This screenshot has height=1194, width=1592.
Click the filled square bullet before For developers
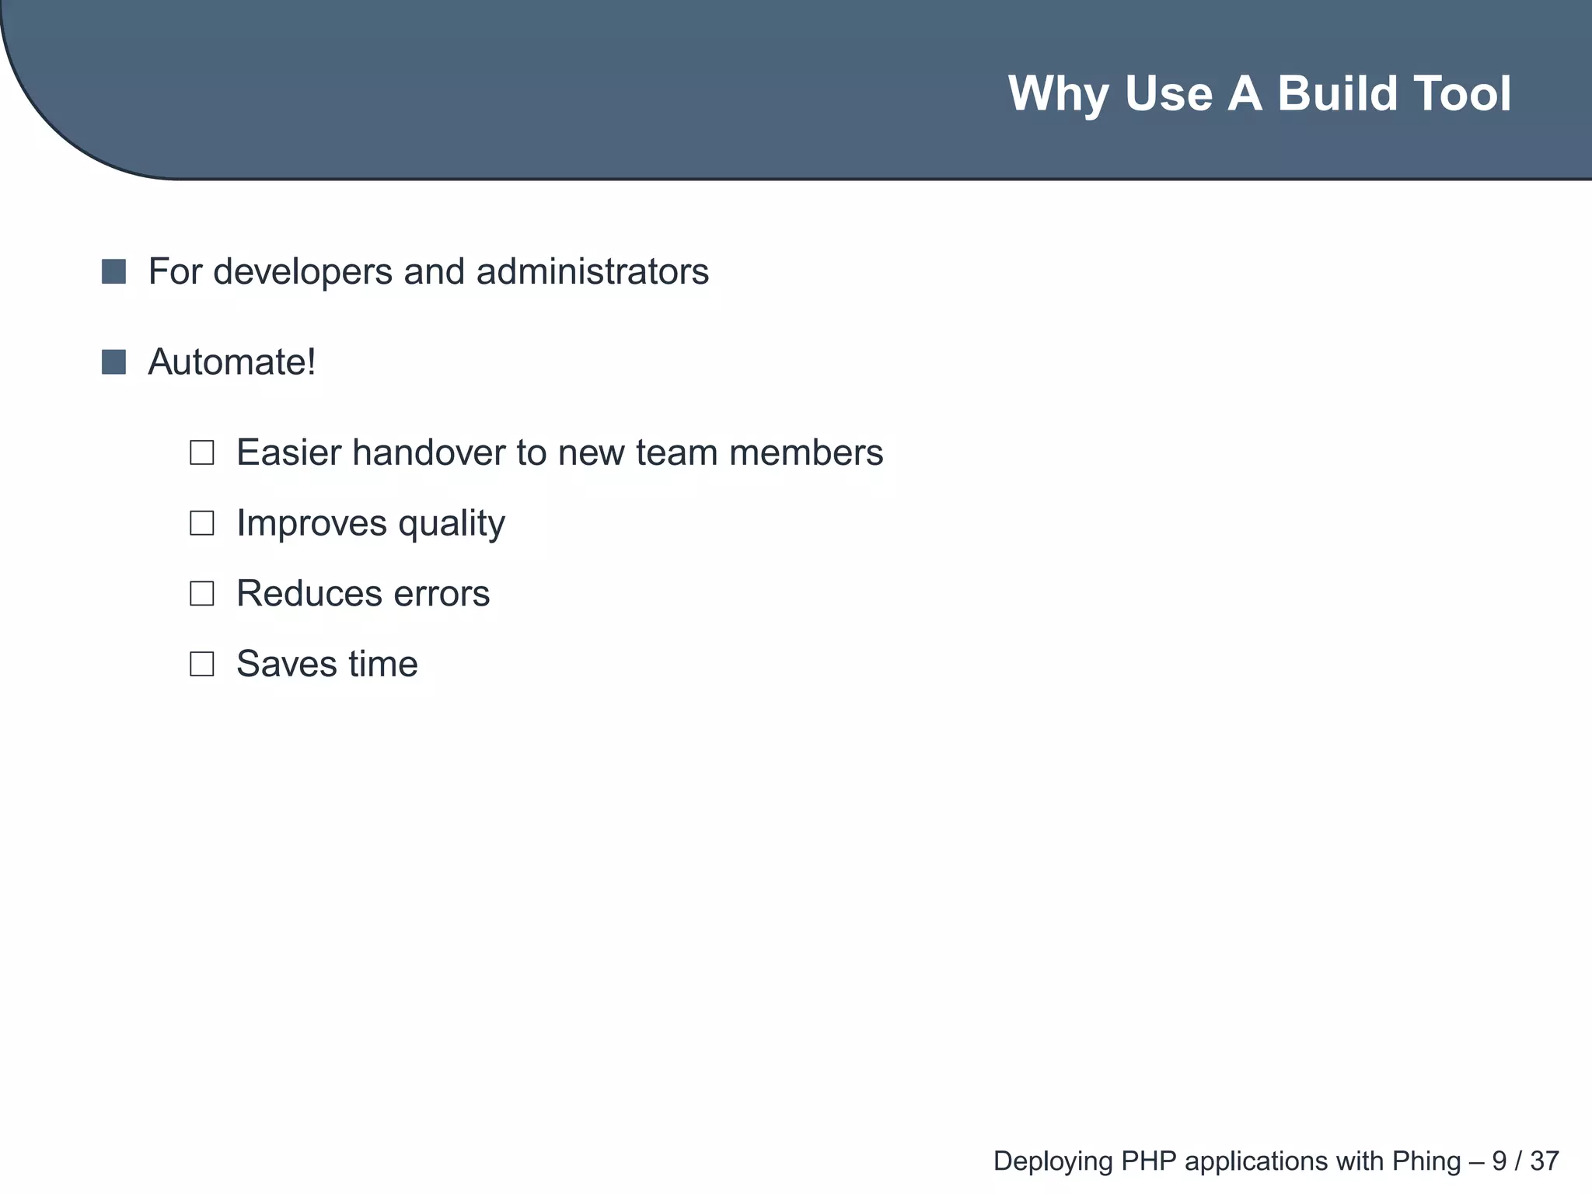coord(113,272)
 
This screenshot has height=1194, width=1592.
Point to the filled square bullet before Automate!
coord(113,362)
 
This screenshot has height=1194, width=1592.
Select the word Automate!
coord(232,362)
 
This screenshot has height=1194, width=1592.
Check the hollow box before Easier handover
coord(202,452)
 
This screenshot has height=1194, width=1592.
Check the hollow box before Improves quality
coord(202,523)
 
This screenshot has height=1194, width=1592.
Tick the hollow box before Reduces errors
coord(202,594)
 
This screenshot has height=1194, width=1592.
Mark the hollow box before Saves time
coord(202,664)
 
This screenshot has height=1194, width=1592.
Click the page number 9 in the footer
coord(1499,1161)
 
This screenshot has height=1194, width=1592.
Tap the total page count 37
coord(1545,1161)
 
